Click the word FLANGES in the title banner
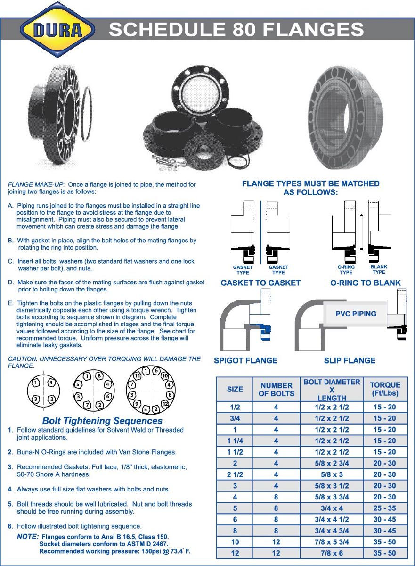(x=313, y=30)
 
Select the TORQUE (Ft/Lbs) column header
(x=385, y=389)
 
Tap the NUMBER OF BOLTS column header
(x=277, y=389)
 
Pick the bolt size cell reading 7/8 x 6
(x=332, y=553)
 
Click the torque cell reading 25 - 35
(x=385, y=508)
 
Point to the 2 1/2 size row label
(x=235, y=474)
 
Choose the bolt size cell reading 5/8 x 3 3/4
(x=332, y=497)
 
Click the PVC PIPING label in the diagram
(x=356, y=314)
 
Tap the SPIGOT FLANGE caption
(x=245, y=360)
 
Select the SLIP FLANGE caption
(x=350, y=360)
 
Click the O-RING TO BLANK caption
(x=365, y=283)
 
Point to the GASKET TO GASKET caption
(x=260, y=283)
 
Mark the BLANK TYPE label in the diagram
(x=379, y=269)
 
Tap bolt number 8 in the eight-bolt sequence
(x=99, y=376)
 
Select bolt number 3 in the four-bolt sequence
(x=35, y=400)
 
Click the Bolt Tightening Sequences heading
(x=102, y=421)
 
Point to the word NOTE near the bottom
(x=28, y=537)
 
